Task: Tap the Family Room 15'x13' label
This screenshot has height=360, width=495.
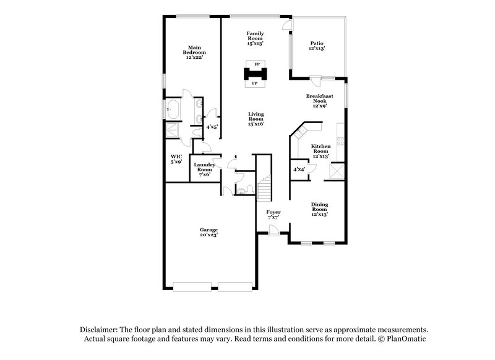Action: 255,38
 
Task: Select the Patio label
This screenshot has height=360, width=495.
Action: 317,46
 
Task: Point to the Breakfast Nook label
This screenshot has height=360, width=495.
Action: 319,101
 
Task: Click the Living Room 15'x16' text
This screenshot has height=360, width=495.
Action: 256,119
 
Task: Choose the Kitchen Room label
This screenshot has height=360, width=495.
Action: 320,151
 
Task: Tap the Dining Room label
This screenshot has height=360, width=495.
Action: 319,209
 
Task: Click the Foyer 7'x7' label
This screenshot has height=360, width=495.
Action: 273,215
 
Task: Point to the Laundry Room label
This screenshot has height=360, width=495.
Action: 204,169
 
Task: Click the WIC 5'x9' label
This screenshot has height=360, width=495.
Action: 176,158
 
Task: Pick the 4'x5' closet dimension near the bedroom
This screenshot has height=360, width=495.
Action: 212,127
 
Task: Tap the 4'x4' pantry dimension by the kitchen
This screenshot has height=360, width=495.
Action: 299,169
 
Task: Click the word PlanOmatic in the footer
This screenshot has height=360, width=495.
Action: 407,339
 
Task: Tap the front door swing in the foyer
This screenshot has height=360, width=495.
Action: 273,231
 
